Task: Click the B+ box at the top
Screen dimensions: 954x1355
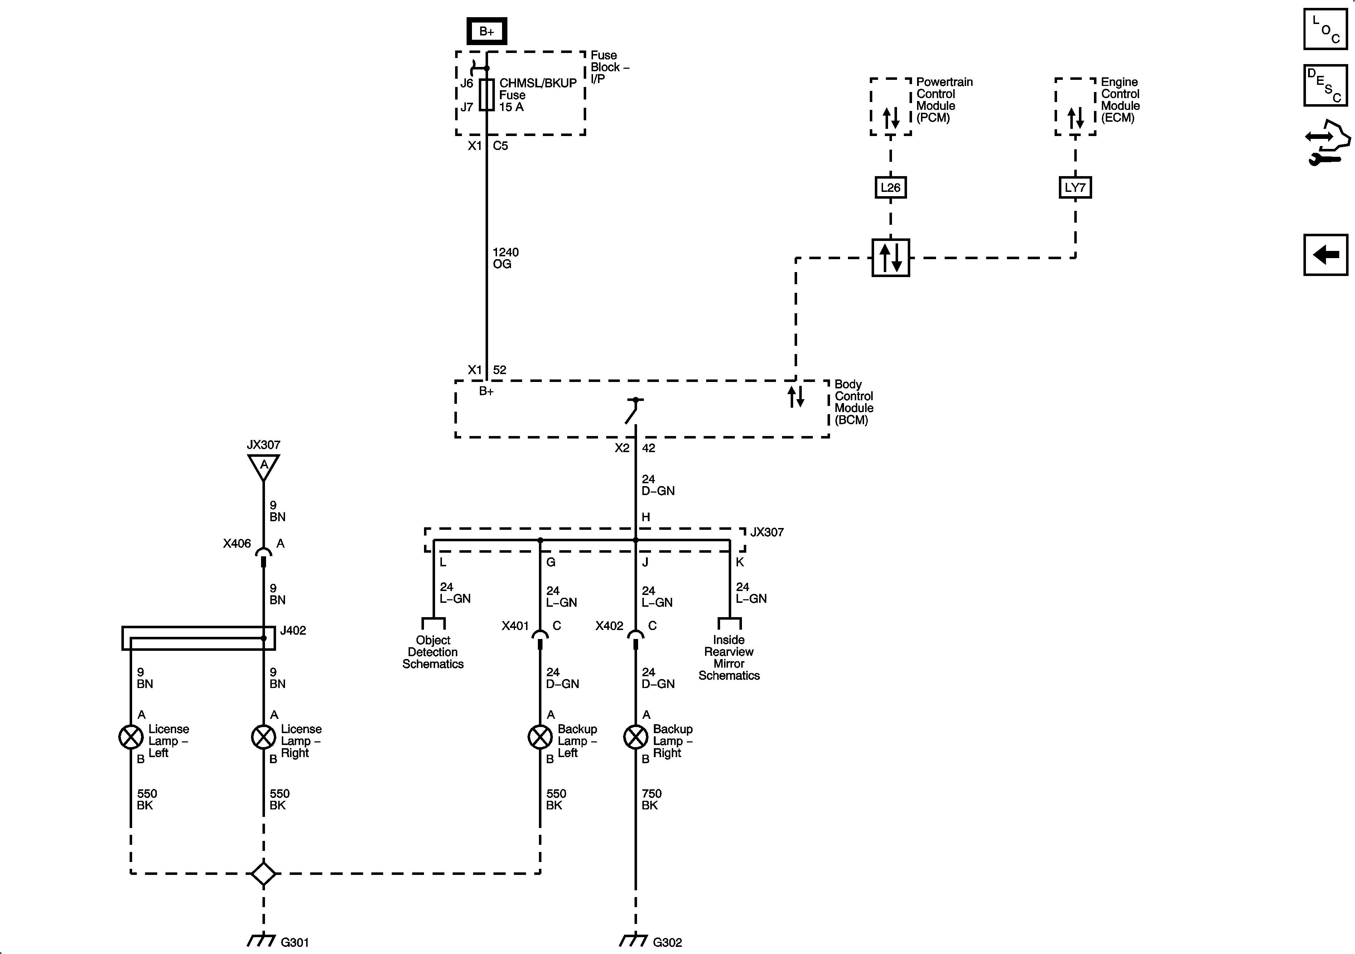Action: pos(486,31)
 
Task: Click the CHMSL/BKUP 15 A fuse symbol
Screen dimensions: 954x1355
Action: pos(486,95)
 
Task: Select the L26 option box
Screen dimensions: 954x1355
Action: pos(890,188)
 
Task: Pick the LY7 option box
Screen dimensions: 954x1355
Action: pos(1075,188)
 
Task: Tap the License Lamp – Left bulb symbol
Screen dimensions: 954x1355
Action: pos(131,737)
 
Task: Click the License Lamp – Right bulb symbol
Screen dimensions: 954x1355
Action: pos(263,737)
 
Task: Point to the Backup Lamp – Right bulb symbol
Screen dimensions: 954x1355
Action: pos(636,737)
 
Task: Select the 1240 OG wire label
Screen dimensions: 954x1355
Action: pos(505,258)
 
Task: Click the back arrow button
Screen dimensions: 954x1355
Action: pos(1326,255)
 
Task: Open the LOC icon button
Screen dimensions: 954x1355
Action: pos(1326,29)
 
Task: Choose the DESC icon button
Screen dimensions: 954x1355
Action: pos(1326,86)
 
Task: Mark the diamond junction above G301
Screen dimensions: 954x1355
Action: pos(263,874)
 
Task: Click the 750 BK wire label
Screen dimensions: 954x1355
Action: pos(651,799)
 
